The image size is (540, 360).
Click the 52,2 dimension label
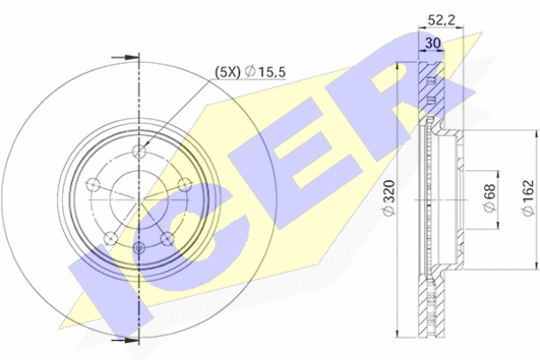tap(441, 20)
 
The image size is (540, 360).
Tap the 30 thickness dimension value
tap(433, 43)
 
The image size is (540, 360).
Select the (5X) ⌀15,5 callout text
tap(250, 72)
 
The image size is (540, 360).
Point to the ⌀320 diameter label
tap(389, 198)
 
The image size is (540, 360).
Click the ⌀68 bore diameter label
tap(490, 198)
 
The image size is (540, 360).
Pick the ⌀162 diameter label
tap(528, 198)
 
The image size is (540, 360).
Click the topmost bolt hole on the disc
tap(139, 151)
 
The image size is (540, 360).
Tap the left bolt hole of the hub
tap(93, 184)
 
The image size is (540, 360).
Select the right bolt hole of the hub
tap(184, 184)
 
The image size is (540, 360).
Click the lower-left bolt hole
tap(111, 238)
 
